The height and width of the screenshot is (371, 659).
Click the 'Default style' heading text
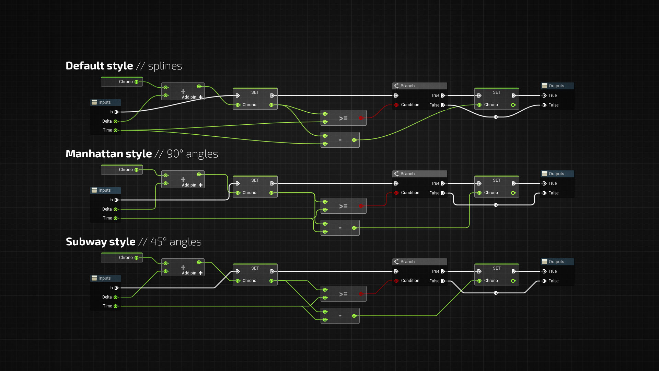coord(99,66)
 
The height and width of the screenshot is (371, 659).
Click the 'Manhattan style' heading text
coord(108,154)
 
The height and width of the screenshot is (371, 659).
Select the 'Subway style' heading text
coord(101,241)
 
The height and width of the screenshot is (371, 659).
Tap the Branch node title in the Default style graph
coord(407,86)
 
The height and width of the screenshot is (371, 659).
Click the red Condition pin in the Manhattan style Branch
coord(396,193)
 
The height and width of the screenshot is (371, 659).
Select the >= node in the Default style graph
coord(343,118)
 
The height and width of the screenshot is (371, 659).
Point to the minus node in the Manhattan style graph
coord(340,228)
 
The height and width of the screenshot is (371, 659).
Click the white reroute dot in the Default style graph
coord(496,117)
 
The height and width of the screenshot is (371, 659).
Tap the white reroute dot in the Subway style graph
coord(496,293)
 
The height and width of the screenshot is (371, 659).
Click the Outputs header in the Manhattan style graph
coord(556,174)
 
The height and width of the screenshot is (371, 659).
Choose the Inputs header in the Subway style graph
coord(104,278)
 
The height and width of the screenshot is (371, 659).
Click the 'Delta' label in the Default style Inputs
coord(107,121)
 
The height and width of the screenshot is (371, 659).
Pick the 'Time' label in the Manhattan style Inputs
coord(107,218)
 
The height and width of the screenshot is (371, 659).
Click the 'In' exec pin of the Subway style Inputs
coord(116,288)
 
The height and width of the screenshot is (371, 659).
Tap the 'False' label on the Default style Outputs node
coord(553,105)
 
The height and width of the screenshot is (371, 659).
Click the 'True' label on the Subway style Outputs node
coord(552,271)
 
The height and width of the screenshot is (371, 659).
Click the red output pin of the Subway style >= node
coord(361,294)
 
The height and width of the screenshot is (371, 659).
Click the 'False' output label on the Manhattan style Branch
coord(434,193)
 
